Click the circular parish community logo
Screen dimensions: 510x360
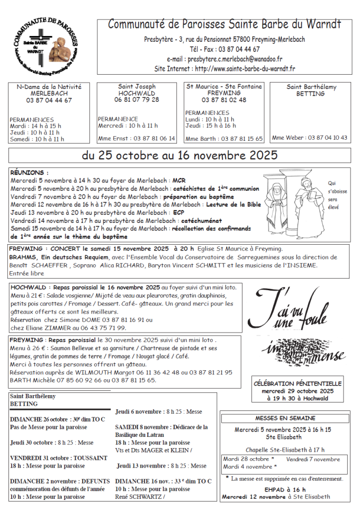click(x=46, y=47)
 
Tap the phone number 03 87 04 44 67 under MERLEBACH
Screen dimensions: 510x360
click(x=49, y=101)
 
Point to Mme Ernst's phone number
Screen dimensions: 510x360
click(x=151, y=138)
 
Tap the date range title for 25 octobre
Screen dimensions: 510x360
click(x=179, y=156)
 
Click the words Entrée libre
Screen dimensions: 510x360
click(x=26, y=273)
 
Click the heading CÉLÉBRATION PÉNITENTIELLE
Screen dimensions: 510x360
click(x=298, y=383)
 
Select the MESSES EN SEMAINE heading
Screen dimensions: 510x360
click(x=285, y=418)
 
